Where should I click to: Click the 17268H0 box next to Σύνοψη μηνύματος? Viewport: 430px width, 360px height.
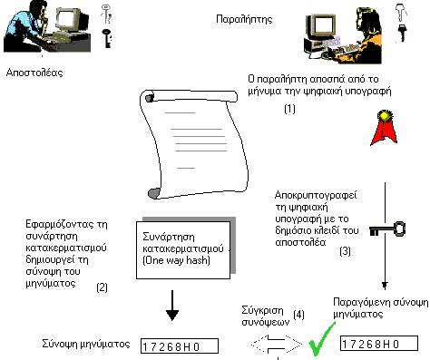(x=183, y=345)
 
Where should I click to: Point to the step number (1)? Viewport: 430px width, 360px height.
(x=290, y=108)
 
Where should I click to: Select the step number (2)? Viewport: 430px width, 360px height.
(x=102, y=287)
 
